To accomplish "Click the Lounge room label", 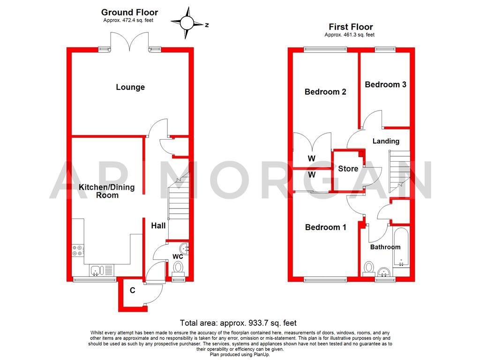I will click(130, 87).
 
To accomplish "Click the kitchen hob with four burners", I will click(78, 251).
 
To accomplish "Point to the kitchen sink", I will click(97, 270).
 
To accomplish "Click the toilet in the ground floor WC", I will click(178, 268).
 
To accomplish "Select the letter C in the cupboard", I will click(133, 291).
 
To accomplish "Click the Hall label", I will click(158, 225).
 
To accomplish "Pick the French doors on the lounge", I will click(124, 41).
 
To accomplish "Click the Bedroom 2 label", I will click(325, 92).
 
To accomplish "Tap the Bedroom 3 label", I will click(385, 84).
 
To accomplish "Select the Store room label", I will click(348, 169).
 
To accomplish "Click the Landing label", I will click(386, 141).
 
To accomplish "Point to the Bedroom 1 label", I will click(325, 227).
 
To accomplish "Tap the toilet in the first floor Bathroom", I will click(368, 268).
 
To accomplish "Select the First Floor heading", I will click(350, 27).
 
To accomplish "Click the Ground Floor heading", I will click(129, 12).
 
